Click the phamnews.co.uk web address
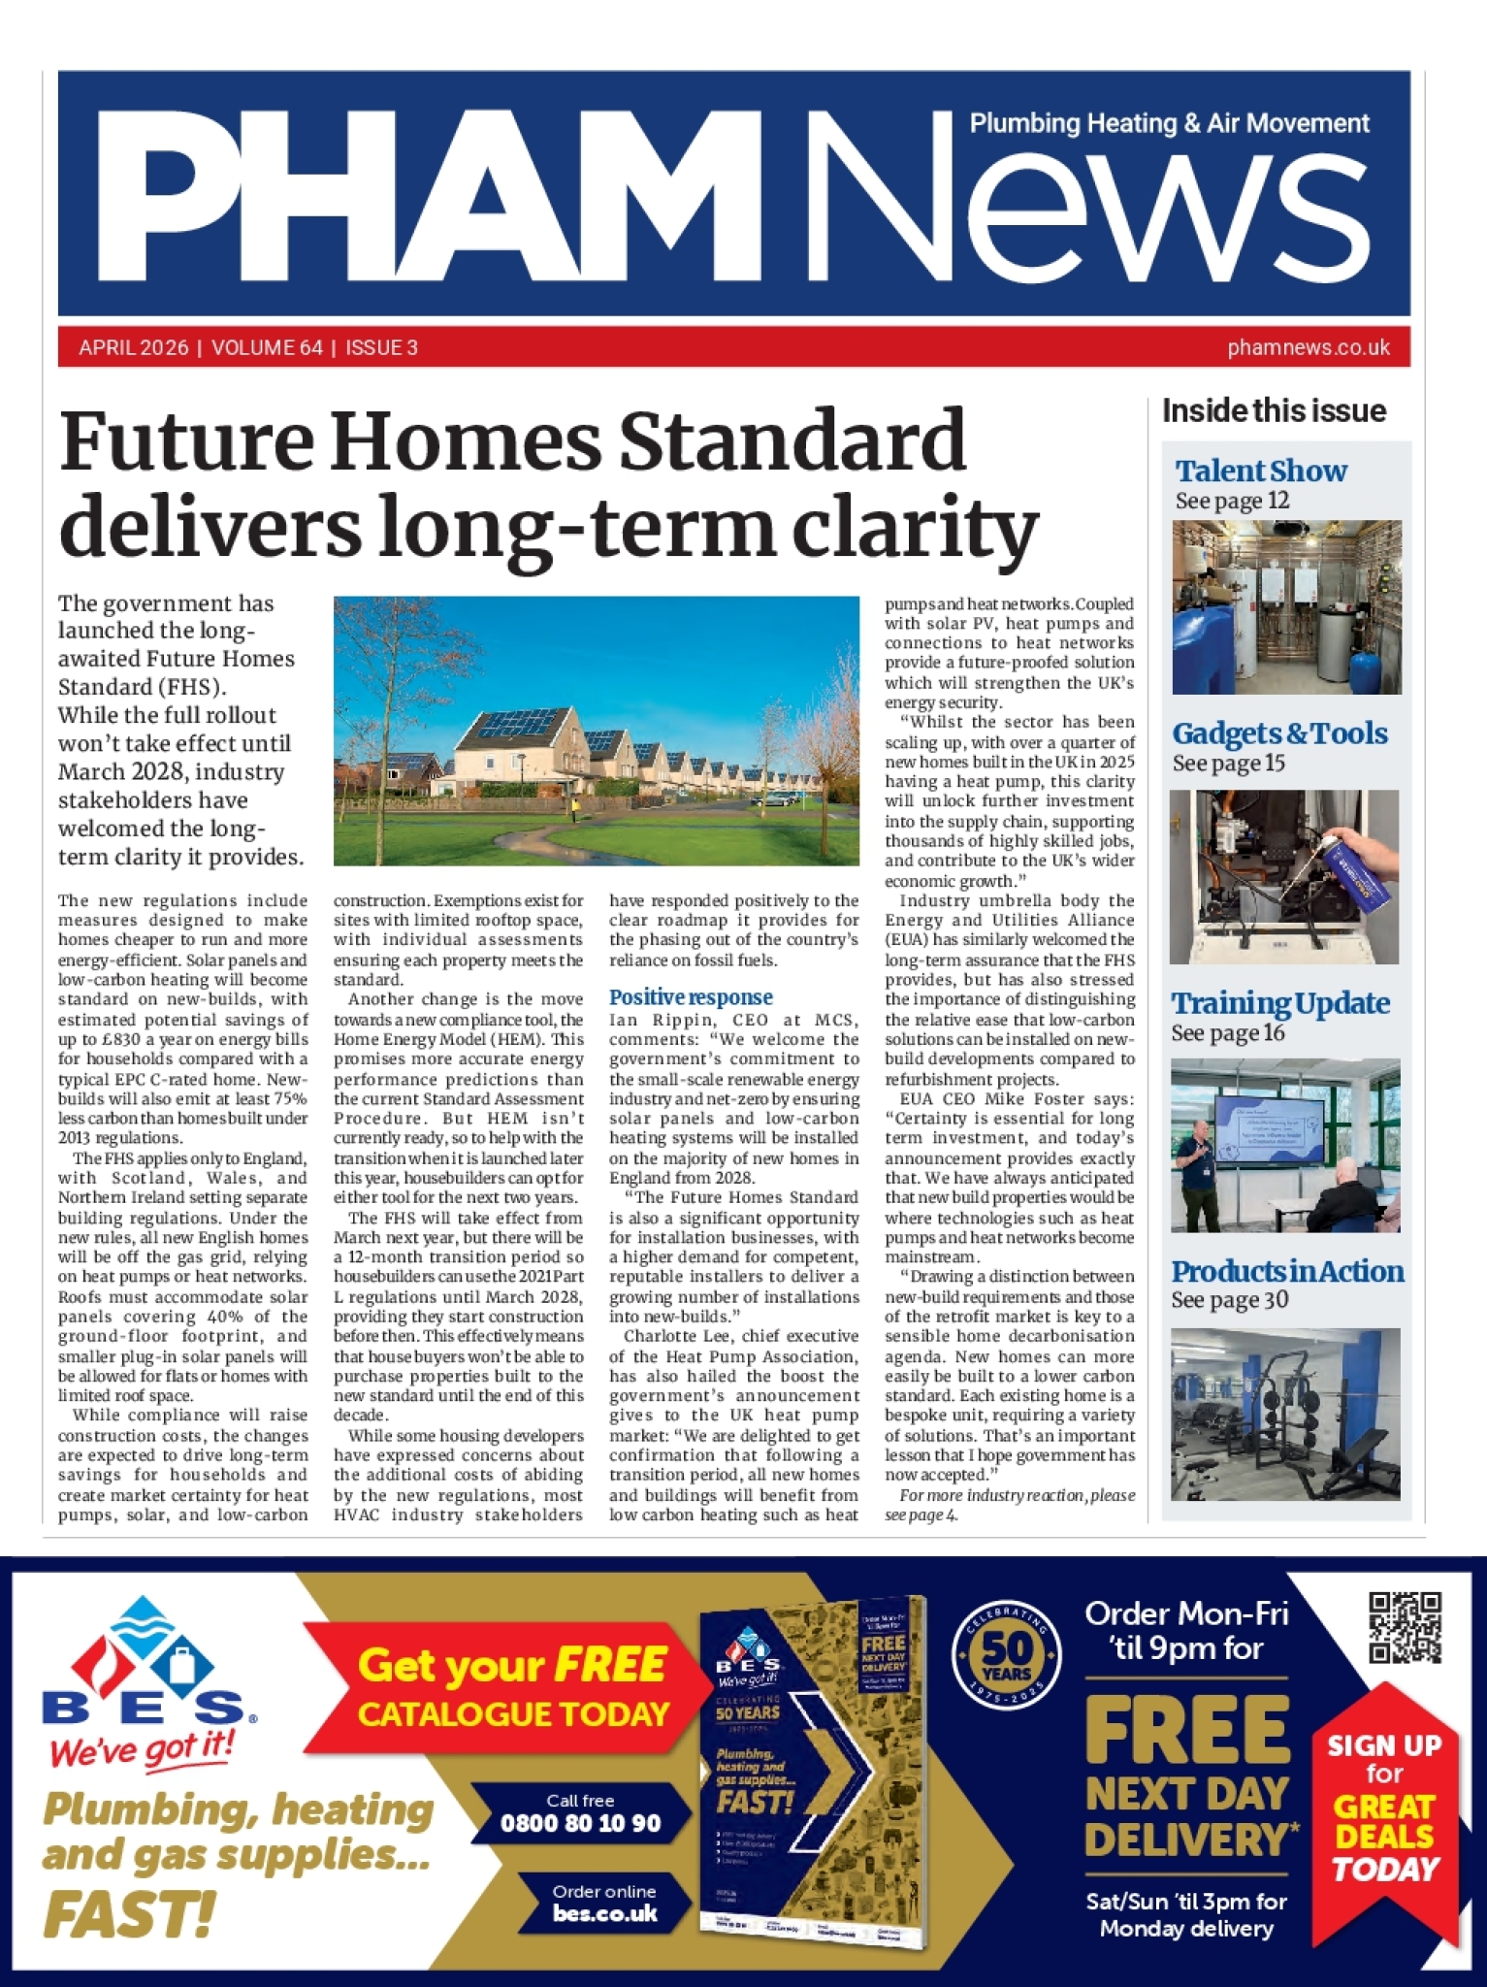click(1308, 347)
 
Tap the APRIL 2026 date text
click(134, 347)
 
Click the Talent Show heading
click(1260, 472)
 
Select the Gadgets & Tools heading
click(1279, 734)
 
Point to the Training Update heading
click(1279, 1003)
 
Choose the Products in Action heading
click(1286, 1271)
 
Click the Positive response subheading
click(691, 997)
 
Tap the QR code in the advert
click(1405, 1627)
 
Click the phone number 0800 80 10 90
click(580, 1823)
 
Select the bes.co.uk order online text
click(604, 1913)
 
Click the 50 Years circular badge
click(1006, 1656)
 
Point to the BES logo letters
click(143, 1706)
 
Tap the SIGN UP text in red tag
click(1383, 1745)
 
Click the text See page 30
click(1229, 1300)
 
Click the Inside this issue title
click(1274, 411)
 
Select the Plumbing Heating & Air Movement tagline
click(1169, 124)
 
